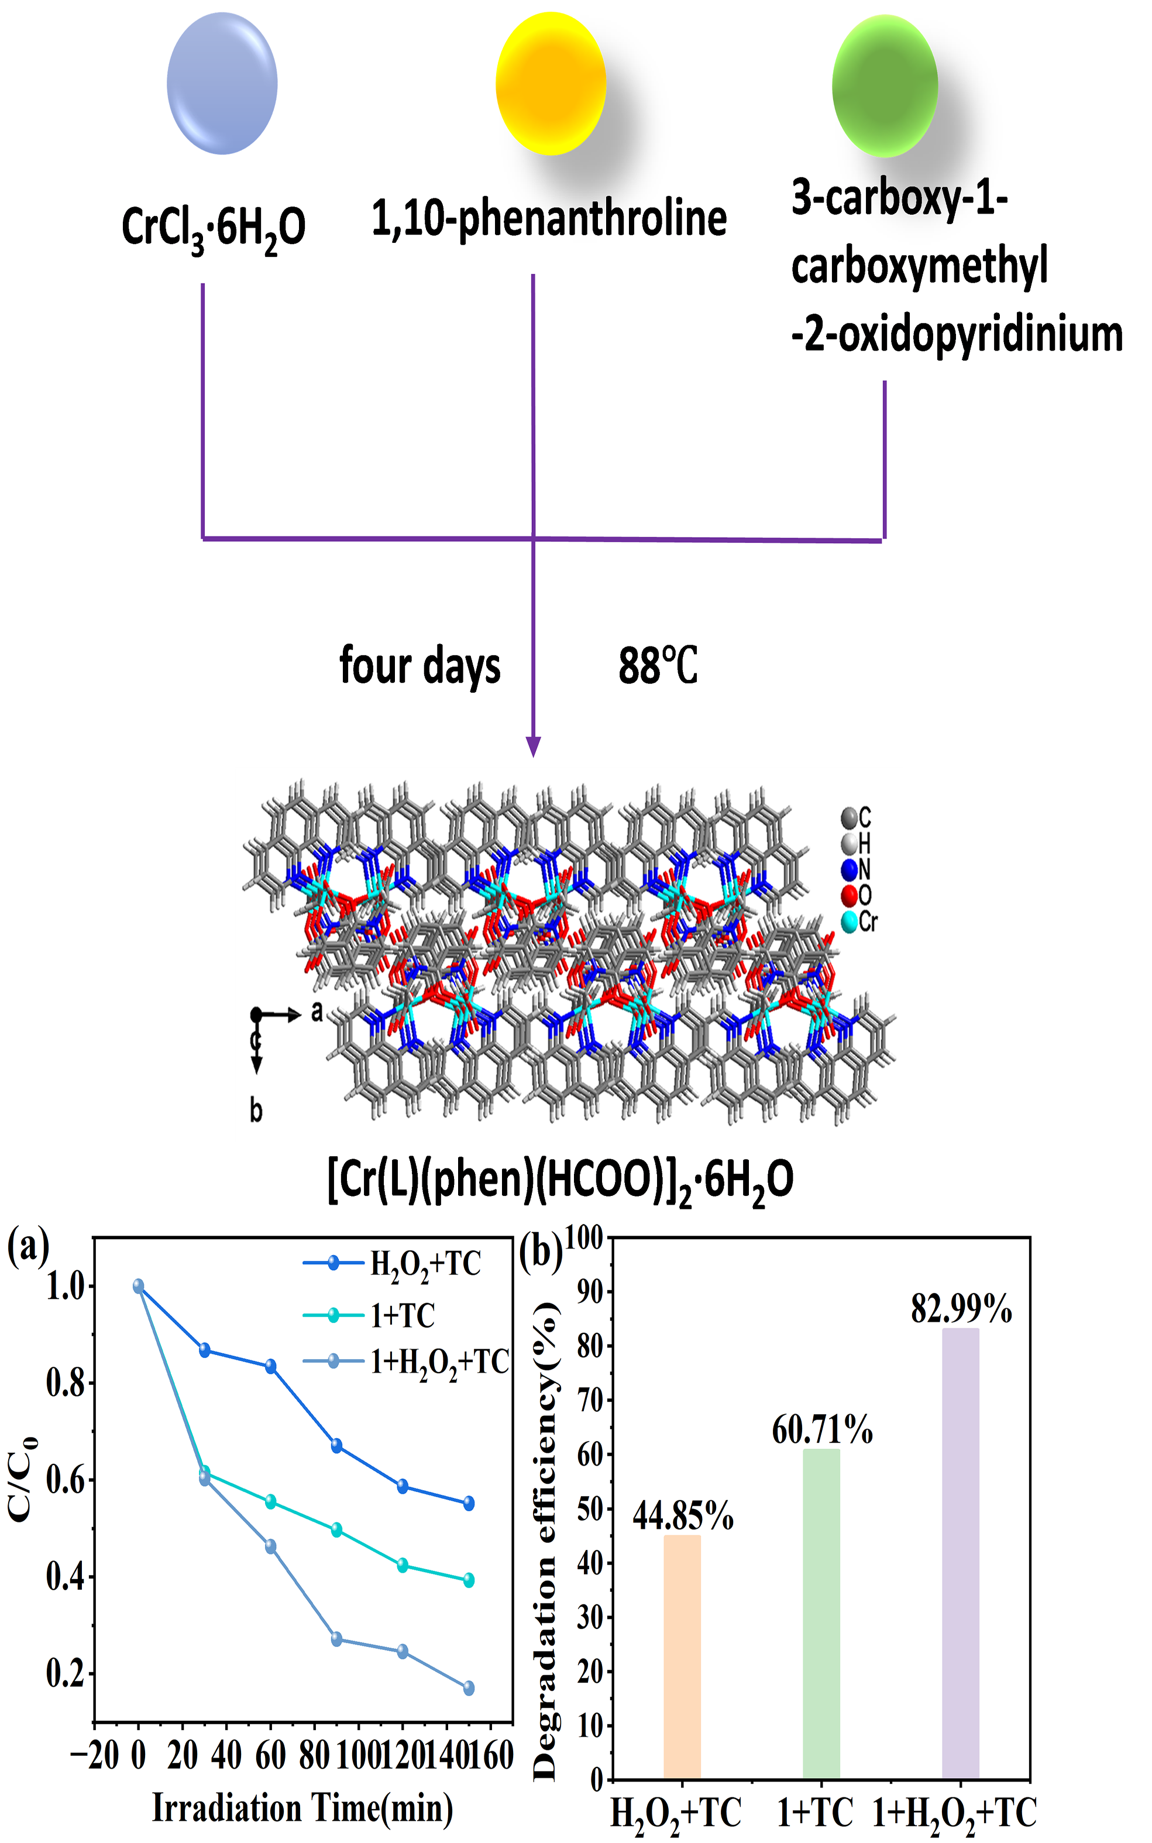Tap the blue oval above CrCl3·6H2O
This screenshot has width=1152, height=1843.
pyautogui.click(x=222, y=83)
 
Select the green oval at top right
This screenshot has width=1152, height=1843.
pyautogui.click(x=885, y=86)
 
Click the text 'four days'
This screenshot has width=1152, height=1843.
pyautogui.click(x=420, y=666)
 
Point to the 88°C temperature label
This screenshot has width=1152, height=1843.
pyautogui.click(x=658, y=666)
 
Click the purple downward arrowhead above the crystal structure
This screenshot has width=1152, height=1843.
pyautogui.click(x=534, y=747)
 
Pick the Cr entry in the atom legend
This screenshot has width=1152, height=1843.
pyautogui.click(x=859, y=922)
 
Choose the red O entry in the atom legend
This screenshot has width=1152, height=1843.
pyautogui.click(x=857, y=896)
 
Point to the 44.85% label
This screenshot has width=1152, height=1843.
pyautogui.click(x=683, y=1517)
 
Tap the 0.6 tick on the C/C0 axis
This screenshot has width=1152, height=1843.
pyautogui.click(x=66, y=1480)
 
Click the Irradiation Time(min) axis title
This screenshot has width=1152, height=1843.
pyautogui.click(x=302, y=1808)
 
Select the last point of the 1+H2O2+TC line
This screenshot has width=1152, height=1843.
pyautogui.click(x=469, y=1687)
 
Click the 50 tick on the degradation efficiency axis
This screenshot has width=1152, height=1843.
pyautogui.click(x=590, y=1508)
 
